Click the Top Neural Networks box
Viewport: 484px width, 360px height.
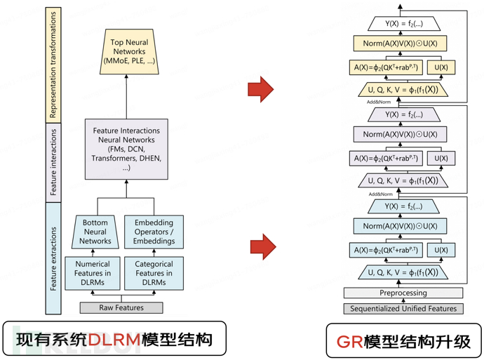click(128, 51)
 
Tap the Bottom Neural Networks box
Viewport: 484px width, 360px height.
click(95, 231)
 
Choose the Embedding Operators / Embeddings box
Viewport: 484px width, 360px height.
click(154, 231)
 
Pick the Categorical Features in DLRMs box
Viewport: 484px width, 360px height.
click(154, 273)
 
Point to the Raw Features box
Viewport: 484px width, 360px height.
click(121, 307)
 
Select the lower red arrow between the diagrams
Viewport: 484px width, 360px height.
click(263, 247)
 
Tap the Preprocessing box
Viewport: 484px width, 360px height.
click(403, 293)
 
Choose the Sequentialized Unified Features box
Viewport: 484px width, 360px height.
click(403, 308)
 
